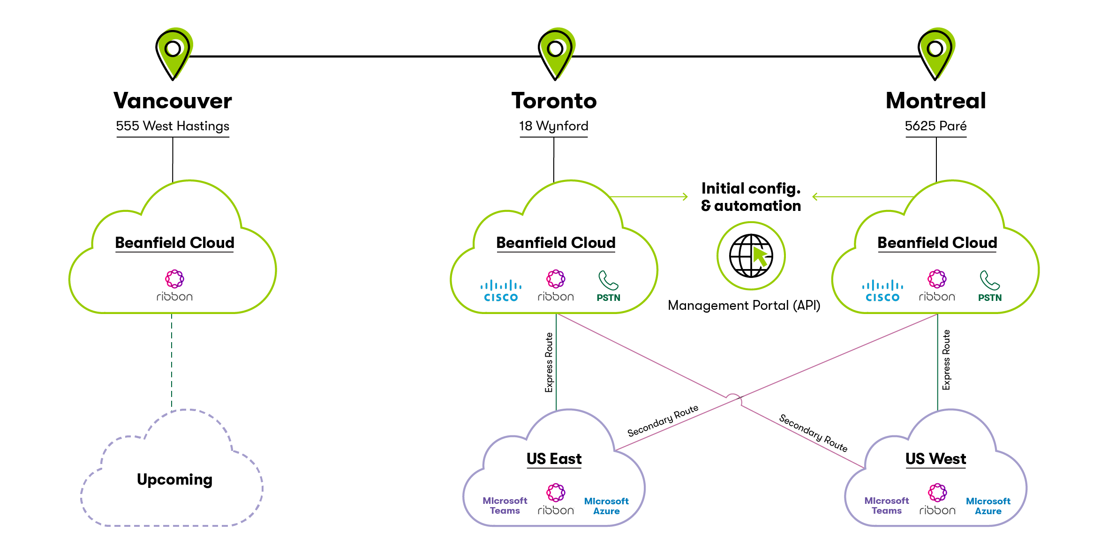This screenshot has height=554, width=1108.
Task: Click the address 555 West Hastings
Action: (x=173, y=126)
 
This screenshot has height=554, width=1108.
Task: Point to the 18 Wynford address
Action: (x=553, y=126)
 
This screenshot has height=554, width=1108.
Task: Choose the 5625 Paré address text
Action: (x=935, y=126)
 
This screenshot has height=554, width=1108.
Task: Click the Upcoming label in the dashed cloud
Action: (x=174, y=479)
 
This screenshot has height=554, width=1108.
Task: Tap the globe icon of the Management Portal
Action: (x=751, y=256)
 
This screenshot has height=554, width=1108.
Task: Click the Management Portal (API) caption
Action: (x=744, y=306)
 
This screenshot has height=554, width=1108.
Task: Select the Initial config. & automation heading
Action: (x=751, y=197)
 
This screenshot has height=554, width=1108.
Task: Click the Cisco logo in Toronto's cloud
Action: (x=501, y=291)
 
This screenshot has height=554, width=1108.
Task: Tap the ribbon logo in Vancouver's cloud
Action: (x=174, y=285)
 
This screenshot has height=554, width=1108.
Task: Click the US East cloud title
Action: (x=554, y=459)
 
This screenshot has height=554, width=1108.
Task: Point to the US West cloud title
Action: (x=935, y=459)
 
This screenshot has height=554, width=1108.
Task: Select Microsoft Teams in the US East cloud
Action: (x=505, y=506)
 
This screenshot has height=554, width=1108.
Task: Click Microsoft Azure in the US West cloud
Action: (x=987, y=506)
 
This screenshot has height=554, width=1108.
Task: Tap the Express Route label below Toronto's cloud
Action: (x=549, y=362)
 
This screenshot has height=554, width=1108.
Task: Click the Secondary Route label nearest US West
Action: (x=813, y=433)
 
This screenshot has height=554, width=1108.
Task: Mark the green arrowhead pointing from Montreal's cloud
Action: (x=815, y=197)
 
